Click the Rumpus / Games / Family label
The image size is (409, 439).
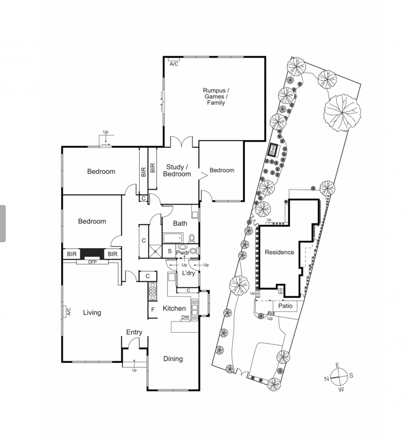(216, 97)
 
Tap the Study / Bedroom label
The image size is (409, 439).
(177, 171)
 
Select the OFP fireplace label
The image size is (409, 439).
(92, 262)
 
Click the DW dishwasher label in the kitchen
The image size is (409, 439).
(186, 317)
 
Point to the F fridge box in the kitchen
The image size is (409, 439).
(153, 310)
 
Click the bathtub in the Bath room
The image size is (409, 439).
(173, 238)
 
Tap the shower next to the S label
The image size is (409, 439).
(155, 251)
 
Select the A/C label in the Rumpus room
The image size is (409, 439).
(174, 64)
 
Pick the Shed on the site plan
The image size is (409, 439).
(273, 150)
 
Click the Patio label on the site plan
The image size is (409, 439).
(285, 306)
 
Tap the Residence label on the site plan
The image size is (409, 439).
(279, 252)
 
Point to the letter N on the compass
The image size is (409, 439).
(326, 379)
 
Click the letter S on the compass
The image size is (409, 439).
(351, 376)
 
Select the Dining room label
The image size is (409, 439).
(173, 359)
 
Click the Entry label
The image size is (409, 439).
(134, 332)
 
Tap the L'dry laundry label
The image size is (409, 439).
(188, 273)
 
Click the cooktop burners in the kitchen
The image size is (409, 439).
(152, 291)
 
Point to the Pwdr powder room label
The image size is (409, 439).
(183, 253)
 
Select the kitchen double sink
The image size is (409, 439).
(194, 308)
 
